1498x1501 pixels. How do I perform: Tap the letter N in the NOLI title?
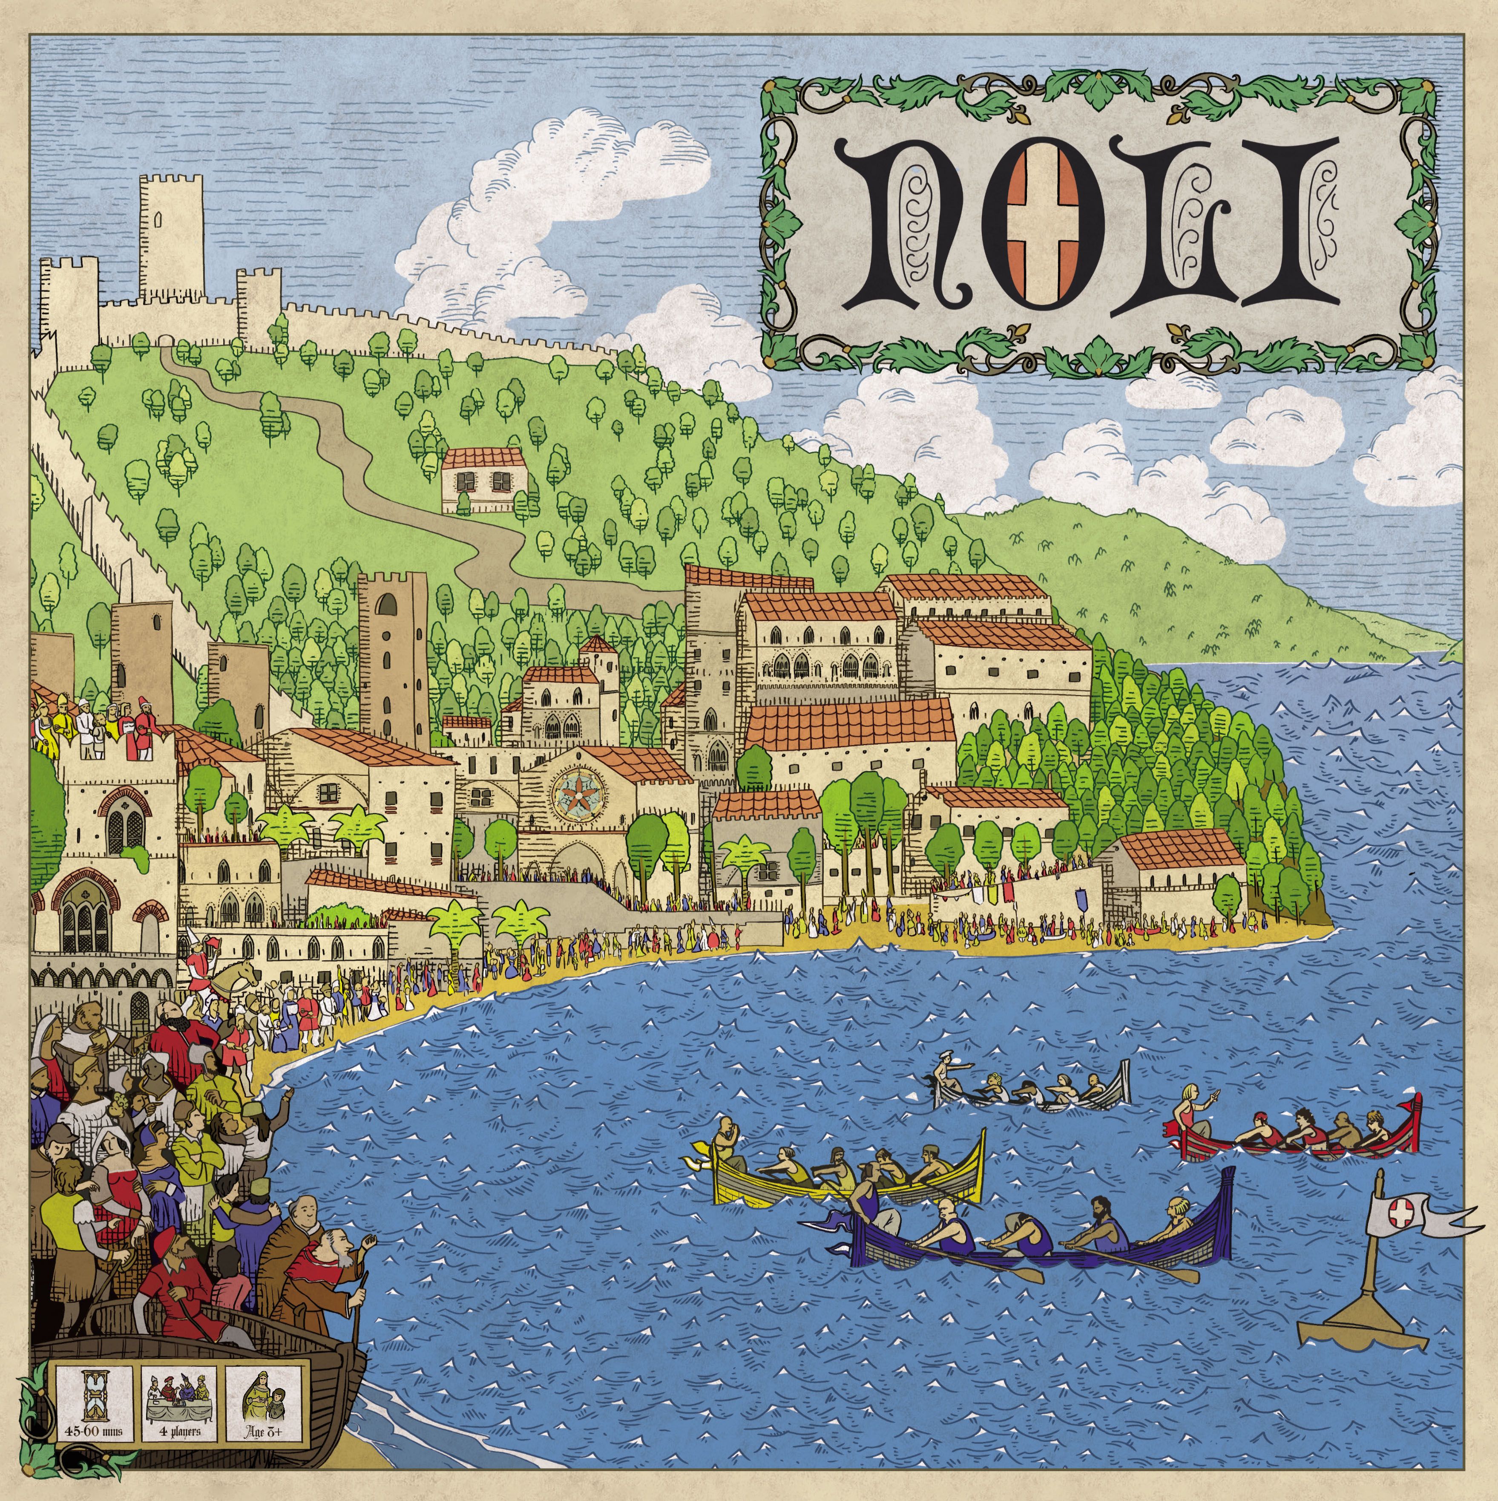(x=918, y=225)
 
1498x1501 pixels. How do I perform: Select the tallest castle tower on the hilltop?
(x=171, y=233)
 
